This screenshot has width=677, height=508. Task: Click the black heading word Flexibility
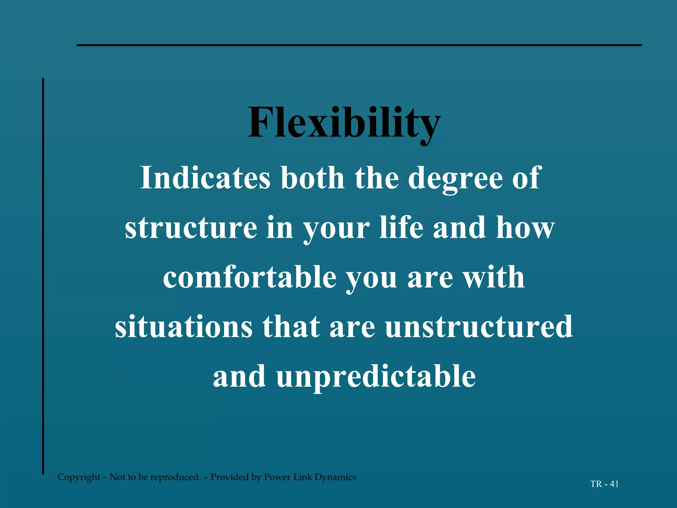click(x=344, y=123)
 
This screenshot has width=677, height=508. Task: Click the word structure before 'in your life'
click(x=191, y=228)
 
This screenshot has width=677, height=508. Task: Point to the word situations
click(x=183, y=326)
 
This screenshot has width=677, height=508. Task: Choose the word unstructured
click(x=479, y=326)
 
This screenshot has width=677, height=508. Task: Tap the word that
click(x=291, y=326)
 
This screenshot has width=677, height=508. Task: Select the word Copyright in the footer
click(x=79, y=477)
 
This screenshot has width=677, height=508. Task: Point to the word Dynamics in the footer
click(x=335, y=477)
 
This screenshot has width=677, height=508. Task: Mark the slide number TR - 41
click(x=604, y=484)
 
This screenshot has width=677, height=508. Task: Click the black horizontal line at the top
click(x=359, y=45)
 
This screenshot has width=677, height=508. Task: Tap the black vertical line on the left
click(x=43, y=276)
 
